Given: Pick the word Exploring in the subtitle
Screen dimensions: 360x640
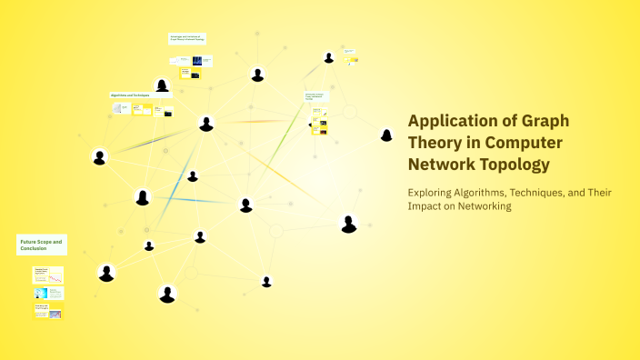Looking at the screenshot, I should [x=432, y=192].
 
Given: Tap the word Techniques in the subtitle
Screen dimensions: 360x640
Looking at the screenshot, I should [x=545, y=192].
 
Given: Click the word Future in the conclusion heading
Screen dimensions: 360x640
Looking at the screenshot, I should [x=28, y=242].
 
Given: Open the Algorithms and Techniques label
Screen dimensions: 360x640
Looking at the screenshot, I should [x=129, y=95].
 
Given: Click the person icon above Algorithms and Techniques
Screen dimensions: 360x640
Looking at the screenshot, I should [x=162, y=85].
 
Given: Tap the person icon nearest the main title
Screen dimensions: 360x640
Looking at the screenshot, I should [x=386, y=135].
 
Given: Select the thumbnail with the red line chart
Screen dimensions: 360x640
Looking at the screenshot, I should [x=48, y=275].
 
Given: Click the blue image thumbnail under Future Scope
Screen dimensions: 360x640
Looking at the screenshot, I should [x=41, y=294].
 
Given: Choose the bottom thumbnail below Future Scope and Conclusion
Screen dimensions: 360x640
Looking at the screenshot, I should [x=48, y=312].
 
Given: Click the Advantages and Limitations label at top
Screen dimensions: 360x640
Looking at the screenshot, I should [x=187, y=38].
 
